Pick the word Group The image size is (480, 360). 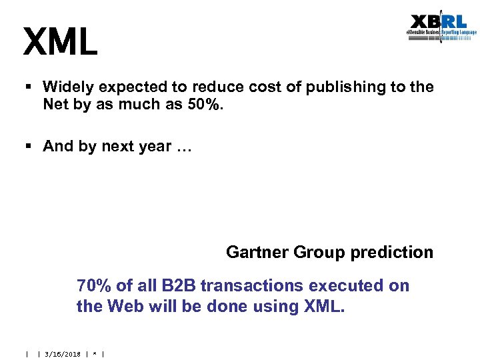tap(316, 252)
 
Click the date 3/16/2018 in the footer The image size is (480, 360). tap(61, 354)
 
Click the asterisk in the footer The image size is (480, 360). tap(95, 354)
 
